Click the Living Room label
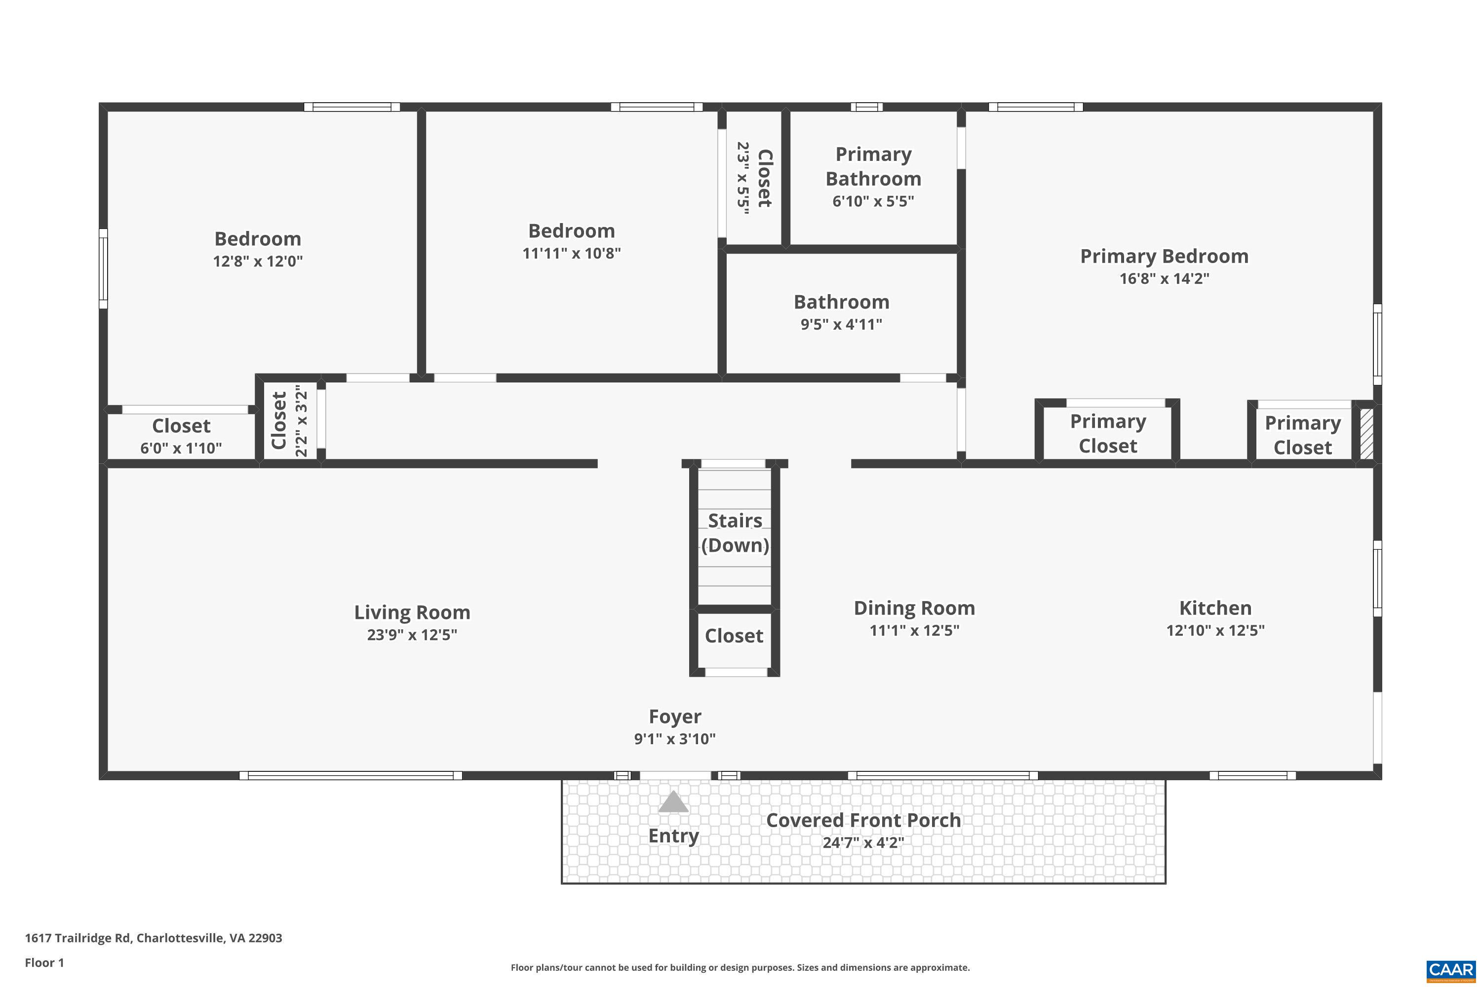pyautogui.click(x=412, y=612)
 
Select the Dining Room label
pyautogui.click(x=914, y=608)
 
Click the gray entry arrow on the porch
pyautogui.click(x=673, y=802)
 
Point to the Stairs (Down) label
pyautogui.click(x=735, y=532)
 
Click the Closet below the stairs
pyautogui.click(x=734, y=636)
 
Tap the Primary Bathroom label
pyautogui.click(x=873, y=166)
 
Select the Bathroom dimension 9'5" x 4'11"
pyautogui.click(x=841, y=324)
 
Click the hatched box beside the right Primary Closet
pyautogui.click(x=1366, y=434)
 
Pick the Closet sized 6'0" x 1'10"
pyautogui.click(x=181, y=434)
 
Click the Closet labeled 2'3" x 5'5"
pyautogui.click(x=754, y=178)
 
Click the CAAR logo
pyautogui.click(x=1451, y=970)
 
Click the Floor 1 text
pyautogui.click(x=44, y=962)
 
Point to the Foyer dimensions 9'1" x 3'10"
pyautogui.click(x=674, y=739)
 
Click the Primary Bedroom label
pyautogui.click(x=1164, y=256)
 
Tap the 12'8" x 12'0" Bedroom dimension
pyautogui.click(x=258, y=261)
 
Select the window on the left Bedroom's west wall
pyautogui.click(x=103, y=269)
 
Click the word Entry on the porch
pyautogui.click(x=673, y=836)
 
